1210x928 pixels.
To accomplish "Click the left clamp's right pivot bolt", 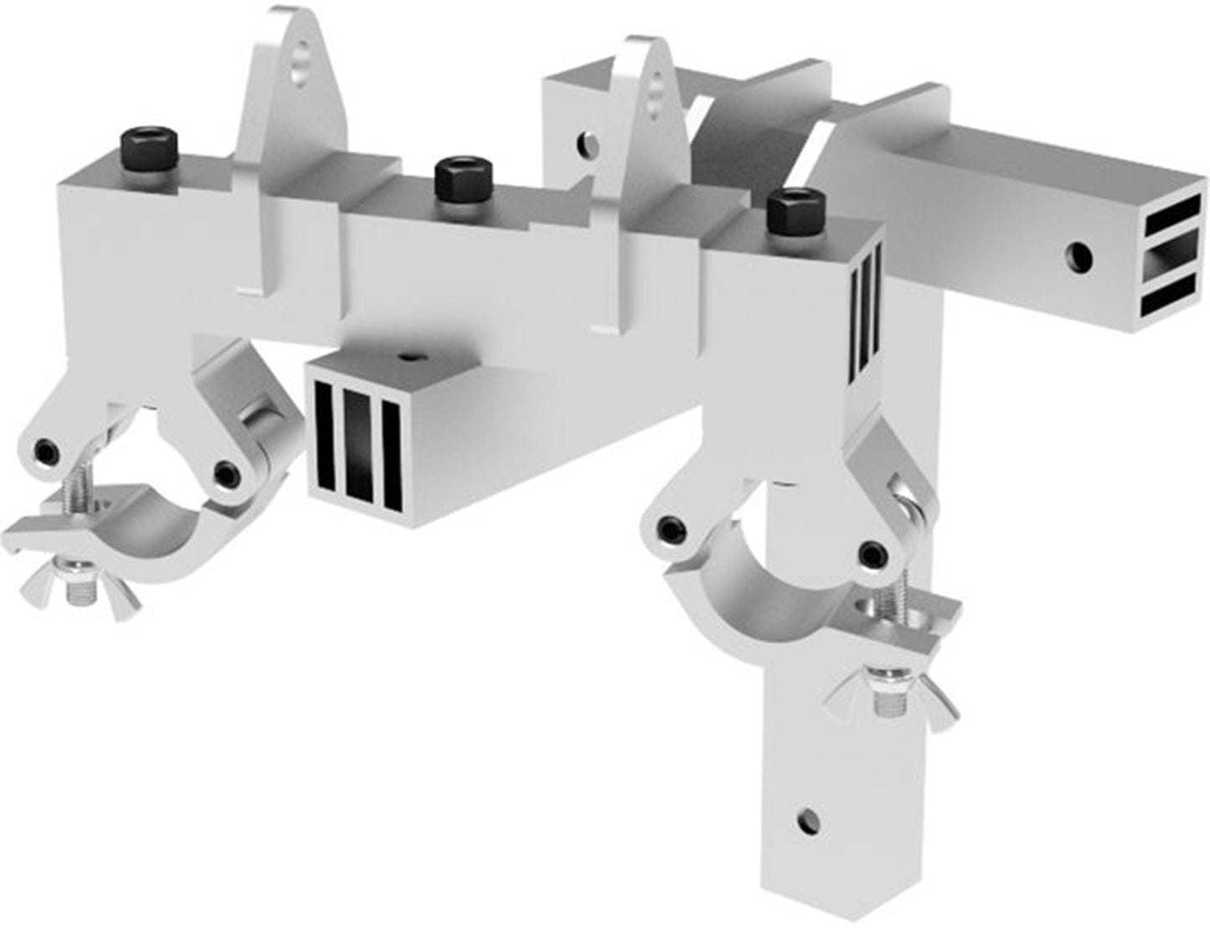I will tap(224, 474).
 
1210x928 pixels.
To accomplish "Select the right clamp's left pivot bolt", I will tap(670, 528).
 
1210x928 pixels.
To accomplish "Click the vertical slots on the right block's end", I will tap(868, 312).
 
